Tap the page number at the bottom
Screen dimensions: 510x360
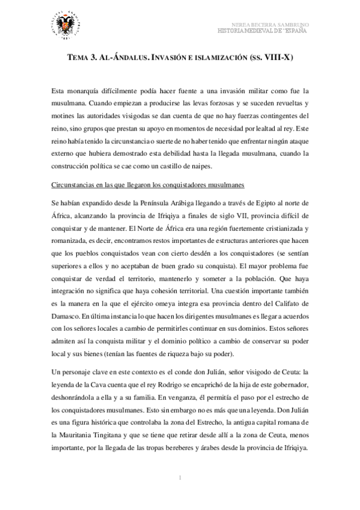click(180, 478)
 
